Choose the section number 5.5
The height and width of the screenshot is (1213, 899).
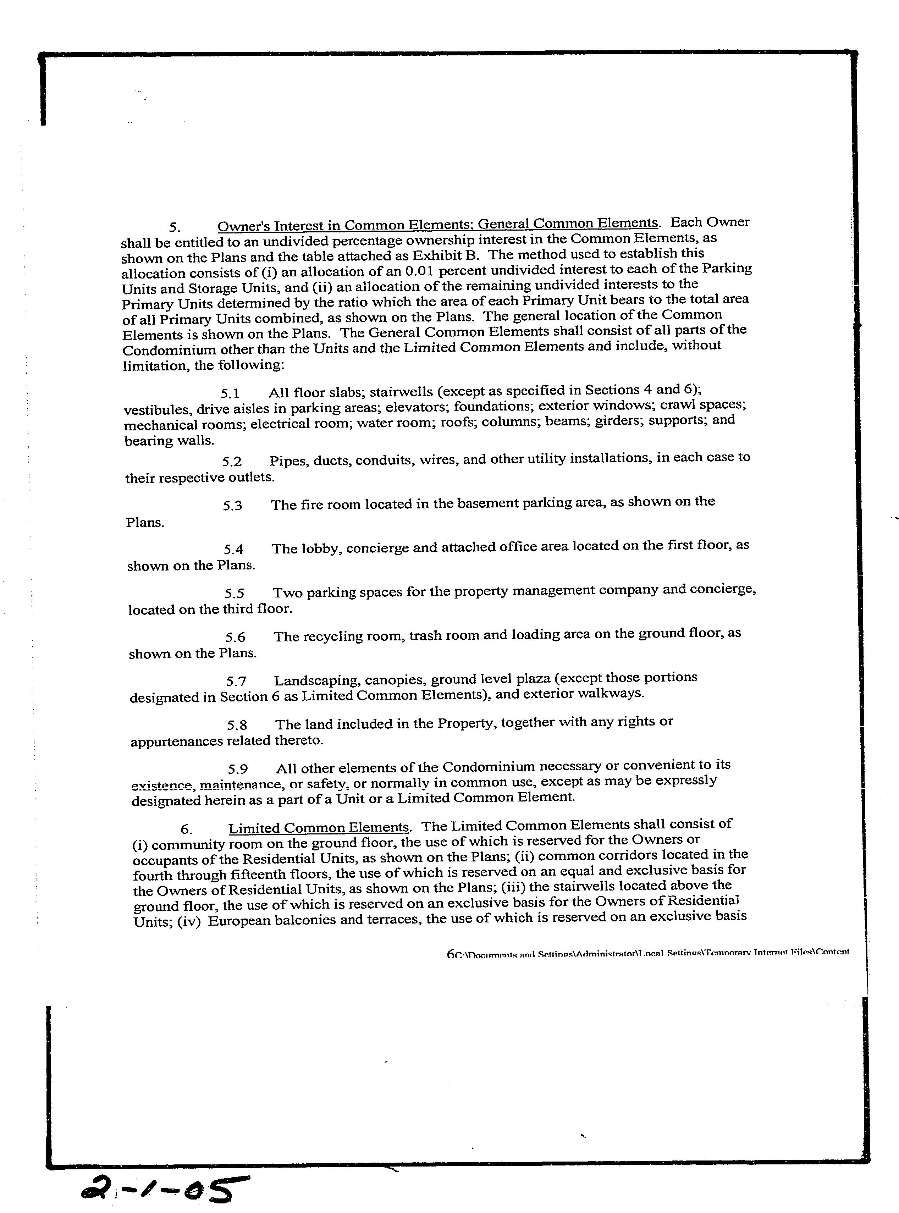point(235,594)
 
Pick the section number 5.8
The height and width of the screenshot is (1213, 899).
point(237,726)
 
